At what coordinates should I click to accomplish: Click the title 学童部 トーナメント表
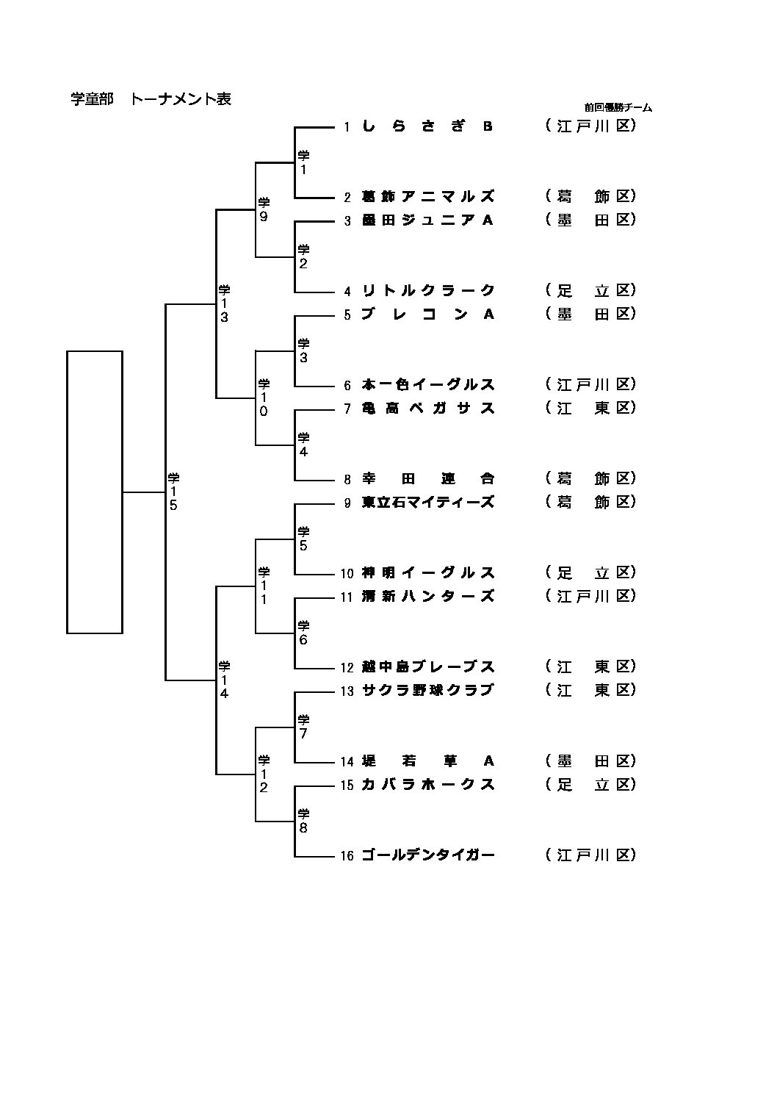pos(151,99)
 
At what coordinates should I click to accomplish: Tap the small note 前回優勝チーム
pos(618,107)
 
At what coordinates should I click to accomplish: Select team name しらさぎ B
pos(427,126)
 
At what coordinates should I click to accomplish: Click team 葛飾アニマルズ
pos(428,196)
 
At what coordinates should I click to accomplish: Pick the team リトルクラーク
pos(428,290)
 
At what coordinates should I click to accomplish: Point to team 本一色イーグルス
pos(428,384)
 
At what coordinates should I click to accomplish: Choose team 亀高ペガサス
pos(428,408)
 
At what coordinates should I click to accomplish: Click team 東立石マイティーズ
pos(428,502)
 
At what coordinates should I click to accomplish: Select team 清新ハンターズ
pos(428,596)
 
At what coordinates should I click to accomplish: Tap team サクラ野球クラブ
pos(428,690)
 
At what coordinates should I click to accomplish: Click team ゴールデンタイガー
pos(428,855)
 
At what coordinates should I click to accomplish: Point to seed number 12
pos(347,667)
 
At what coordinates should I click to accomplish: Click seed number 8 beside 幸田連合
pos(348,479)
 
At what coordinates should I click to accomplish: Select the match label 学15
pos(173,491)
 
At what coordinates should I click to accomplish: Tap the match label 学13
pos(224,303)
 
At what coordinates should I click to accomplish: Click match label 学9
pos(264,209)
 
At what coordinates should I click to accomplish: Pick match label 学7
pos(303,727)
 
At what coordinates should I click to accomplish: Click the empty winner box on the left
pos(95,492)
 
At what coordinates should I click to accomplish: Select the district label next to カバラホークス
pos(590,784)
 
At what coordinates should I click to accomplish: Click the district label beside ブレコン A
pos(590,314)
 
